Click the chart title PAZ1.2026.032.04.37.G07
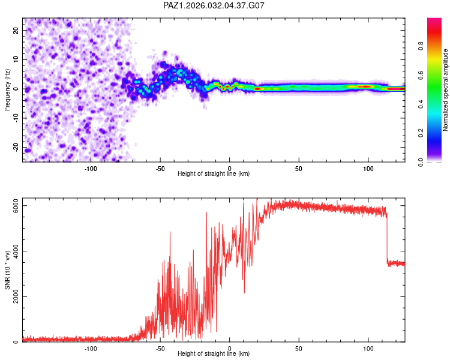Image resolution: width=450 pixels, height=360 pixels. [x=214, y=5]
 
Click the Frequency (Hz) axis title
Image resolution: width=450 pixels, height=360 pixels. [x=8, y=90]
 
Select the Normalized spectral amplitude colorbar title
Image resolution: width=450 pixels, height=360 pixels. [x=445, y=91]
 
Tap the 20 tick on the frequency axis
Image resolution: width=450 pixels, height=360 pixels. [x=16, y=30]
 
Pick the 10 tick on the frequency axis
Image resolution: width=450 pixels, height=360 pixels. [x=16, y=59]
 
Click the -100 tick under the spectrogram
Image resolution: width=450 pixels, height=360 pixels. [x=91, y=168]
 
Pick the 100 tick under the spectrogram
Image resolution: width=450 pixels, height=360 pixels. [x=368, y=168]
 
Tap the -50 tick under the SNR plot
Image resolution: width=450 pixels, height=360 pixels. [x=160, y=348]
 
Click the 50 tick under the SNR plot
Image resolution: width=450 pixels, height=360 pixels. [x=299, y=348]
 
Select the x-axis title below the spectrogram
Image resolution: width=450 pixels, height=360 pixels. [x=214, y=174]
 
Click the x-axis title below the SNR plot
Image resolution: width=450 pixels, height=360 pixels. [x=214, y=354]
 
